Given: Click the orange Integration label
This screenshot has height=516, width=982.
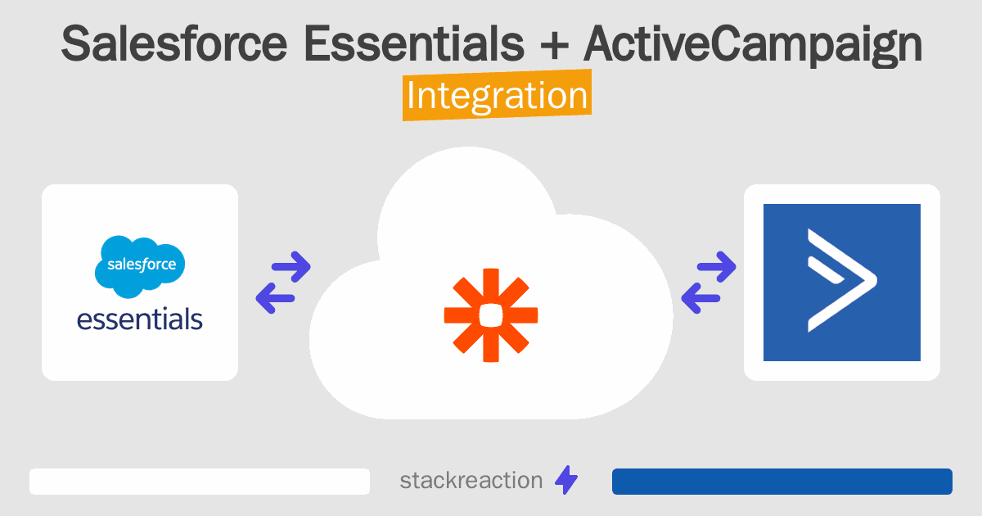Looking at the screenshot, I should tap(497, 96).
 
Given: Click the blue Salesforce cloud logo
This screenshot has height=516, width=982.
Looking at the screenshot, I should tap(140, 266).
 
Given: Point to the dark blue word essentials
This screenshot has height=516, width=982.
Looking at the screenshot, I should tap(140, 318).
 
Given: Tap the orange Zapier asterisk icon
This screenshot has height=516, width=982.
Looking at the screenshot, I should tap(490, 315).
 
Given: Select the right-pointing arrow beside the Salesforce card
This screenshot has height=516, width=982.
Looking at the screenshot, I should tap(290, 266).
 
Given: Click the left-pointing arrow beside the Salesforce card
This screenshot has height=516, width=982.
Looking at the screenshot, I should tap(275, 298).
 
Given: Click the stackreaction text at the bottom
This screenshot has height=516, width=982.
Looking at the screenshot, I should tap(471, 481).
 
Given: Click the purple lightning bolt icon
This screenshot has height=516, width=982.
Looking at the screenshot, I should tap(566, 481).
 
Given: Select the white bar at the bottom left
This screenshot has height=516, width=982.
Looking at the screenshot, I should tap(200, 482).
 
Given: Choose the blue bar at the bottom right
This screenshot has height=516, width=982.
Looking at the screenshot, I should tap(782, 482).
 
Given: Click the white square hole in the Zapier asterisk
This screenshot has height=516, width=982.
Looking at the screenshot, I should tap(490, 315).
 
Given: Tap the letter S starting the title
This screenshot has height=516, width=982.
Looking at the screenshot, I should tap(76, 45).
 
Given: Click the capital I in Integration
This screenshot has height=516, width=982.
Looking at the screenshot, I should tap(411, 96).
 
